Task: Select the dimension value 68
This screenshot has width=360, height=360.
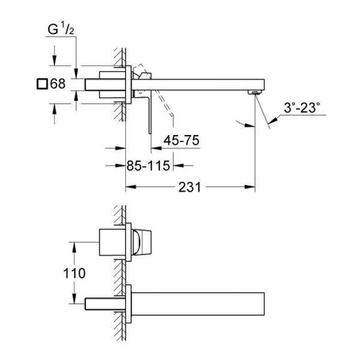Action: coord(58,84)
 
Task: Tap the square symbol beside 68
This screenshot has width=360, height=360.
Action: coord(42,84)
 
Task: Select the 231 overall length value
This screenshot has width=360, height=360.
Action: coord(190,187)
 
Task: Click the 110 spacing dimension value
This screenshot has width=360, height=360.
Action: coord(74,273)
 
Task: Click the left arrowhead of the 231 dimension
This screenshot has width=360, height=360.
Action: coord(128,187)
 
